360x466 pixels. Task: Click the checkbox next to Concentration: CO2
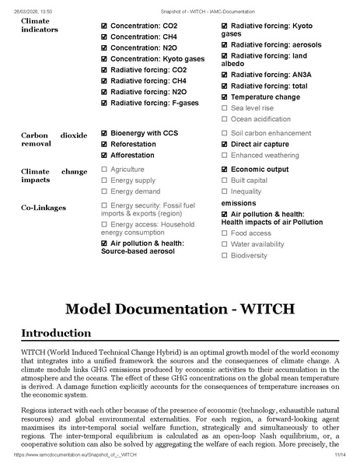click(105, 26)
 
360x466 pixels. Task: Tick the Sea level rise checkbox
click(225, 107)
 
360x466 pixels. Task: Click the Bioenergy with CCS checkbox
click(105, 133)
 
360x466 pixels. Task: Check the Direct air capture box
click(225, 144)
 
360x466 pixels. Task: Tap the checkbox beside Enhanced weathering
click(225, 155)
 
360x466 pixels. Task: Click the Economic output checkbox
click(225, 169)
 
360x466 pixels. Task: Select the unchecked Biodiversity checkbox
click(225, 255)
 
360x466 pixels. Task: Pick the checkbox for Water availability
click(225, 244)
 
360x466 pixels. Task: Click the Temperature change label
click(265, 96)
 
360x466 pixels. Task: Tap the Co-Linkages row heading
click(43, 208)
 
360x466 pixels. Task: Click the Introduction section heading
click(55, 333)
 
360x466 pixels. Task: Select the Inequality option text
click(246, 191)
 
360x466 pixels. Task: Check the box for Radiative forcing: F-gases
click(105, 102)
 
